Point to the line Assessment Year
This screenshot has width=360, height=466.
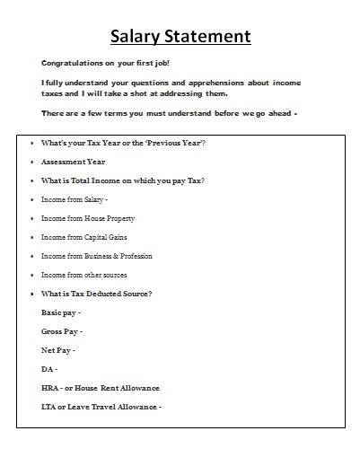(73, 162)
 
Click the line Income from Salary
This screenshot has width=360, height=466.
(75, 199)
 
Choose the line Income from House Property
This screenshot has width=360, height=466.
(87, 218)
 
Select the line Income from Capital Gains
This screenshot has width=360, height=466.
(83, 237)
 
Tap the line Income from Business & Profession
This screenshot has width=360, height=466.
(96, 256)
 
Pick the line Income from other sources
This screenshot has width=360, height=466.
(84, 275)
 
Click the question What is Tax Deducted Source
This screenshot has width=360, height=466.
(97, 294)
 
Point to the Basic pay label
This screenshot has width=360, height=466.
(60, 312)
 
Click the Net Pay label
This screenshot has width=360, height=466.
(58, 350)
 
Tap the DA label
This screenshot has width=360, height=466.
(48, 369)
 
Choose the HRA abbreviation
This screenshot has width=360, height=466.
(50, 388)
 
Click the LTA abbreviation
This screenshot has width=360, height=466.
(49, 407)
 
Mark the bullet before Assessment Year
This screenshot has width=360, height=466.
(31, 162)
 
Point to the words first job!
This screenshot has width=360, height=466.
(150, 63)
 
